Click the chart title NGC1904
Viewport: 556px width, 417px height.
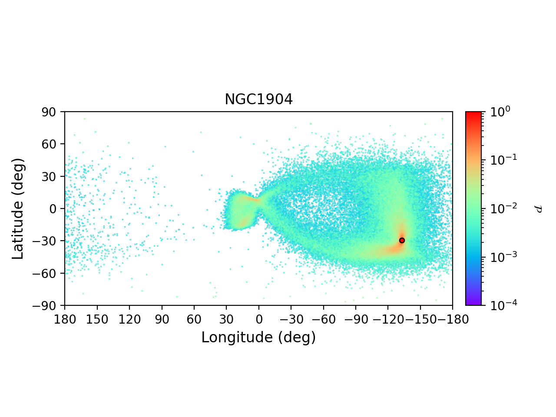(258, 100)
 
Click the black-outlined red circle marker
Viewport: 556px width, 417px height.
(402, 240)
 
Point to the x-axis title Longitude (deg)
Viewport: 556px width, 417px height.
(258, 338)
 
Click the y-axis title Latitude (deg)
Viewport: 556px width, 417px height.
(18, 208)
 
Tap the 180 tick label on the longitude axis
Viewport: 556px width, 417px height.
(65, 320)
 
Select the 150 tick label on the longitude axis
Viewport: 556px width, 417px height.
(97, 320)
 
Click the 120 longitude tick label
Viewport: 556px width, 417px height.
(129, 320)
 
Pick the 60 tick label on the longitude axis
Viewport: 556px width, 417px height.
(194, 320)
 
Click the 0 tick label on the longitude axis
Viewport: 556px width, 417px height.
(259, 320)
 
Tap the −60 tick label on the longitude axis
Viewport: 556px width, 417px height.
(323, 320)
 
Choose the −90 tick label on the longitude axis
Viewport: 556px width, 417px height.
(355, 320)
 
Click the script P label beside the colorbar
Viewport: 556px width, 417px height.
(539, 208)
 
